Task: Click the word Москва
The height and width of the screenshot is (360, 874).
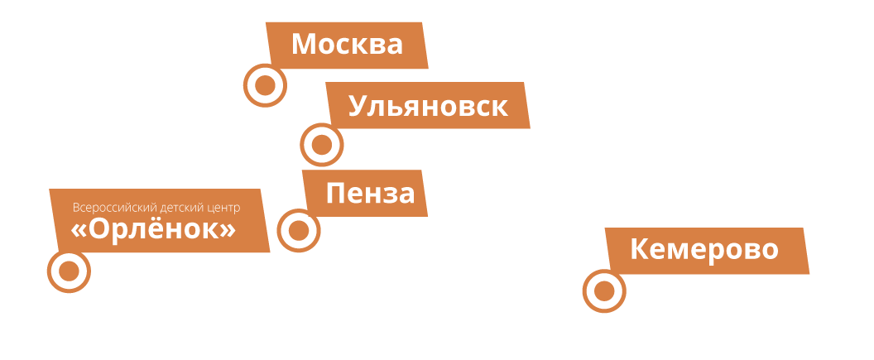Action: tap(347, 45)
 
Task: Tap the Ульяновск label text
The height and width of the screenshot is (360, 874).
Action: tap(428, 106)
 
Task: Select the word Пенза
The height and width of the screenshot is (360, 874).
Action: tap(370, 194)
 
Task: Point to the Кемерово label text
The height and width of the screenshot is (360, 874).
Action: tap(704, 249)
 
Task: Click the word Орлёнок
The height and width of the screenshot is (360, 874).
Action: tap(154, 230)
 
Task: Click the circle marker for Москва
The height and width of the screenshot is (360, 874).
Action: tap(265, 85)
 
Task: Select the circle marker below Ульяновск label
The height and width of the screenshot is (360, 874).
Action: tap(322, 145)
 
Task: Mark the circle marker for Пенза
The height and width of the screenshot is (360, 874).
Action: tap(299, 230)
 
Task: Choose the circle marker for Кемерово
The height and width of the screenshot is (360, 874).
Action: tap(604, 290)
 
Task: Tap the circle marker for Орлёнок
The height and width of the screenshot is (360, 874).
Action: tap(69, 271)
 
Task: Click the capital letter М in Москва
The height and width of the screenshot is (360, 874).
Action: tap(305, 45)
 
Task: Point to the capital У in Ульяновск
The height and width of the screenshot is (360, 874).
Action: tap(357, 107)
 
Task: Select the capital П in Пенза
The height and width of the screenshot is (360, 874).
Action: tap(335, 194)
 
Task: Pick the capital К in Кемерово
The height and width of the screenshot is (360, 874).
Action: tap(639, 249)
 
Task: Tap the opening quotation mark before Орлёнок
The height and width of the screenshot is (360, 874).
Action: tap(79, 231)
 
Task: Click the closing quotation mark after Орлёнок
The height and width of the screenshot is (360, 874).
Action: tap(228, 231)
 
